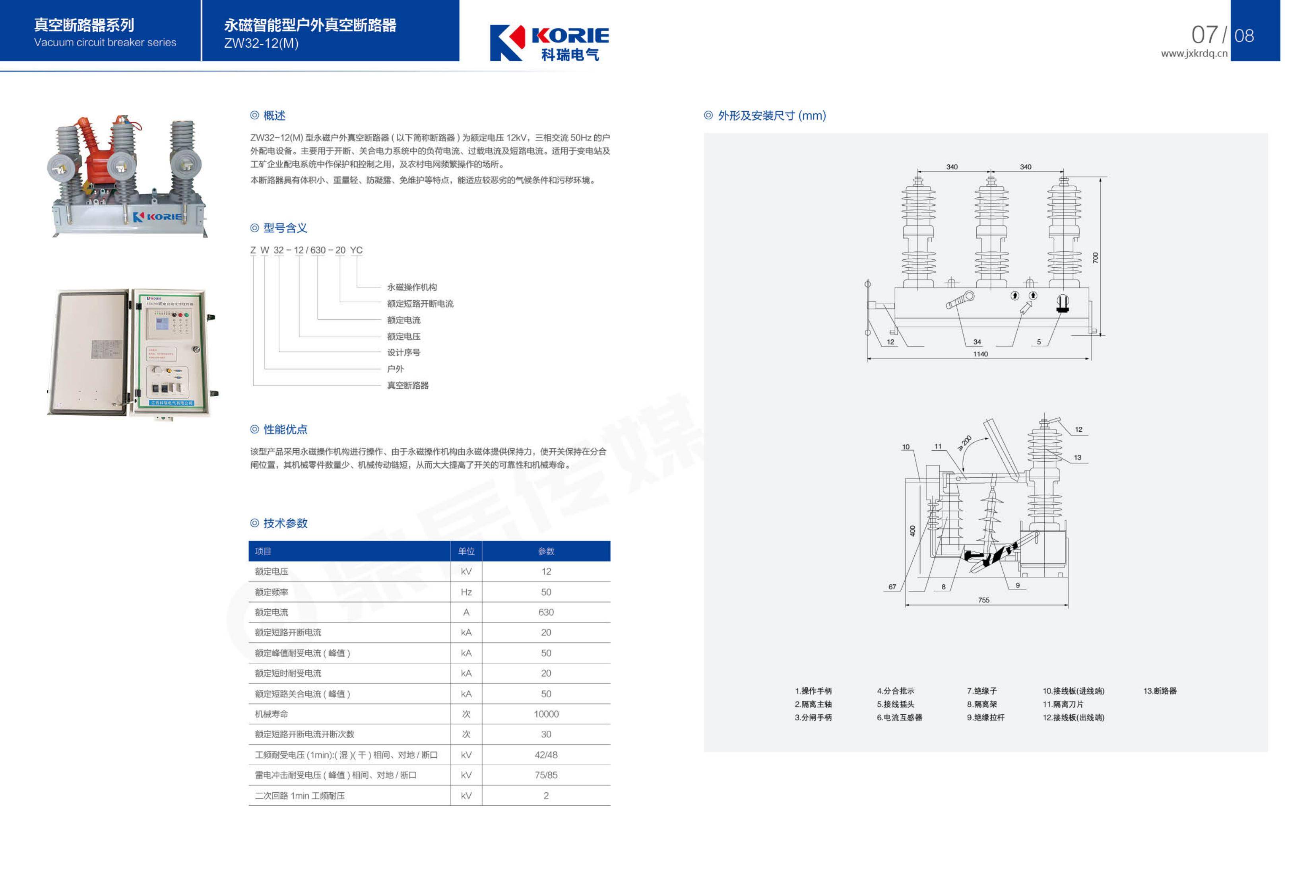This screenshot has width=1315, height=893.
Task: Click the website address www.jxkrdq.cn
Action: (x=1194, y=54)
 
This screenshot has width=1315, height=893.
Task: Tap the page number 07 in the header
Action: (x=1204, y=35)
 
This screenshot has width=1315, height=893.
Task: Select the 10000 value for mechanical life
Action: (x=546, y=714)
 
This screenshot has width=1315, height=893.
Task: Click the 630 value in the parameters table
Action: (x=546, y=612)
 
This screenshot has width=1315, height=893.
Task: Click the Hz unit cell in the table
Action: (x=466, y=592)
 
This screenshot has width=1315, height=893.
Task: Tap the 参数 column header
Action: (x=546, y=551)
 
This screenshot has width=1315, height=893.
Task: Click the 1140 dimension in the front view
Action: (x=981, y=354)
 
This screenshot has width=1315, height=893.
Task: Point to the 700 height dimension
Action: (x=1096, y=258)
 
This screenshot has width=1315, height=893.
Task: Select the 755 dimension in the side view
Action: (x=984, y=600)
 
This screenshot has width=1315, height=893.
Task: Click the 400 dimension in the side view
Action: (x=912, y=531)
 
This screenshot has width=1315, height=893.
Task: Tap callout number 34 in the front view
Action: (x=977, y=342)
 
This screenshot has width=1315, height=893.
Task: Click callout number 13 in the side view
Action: (x=1077, y=457)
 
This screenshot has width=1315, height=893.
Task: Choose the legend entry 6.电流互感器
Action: (x=900, y=718)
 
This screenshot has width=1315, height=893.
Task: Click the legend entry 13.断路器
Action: (x=1160, y=691)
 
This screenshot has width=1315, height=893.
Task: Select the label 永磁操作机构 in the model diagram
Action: (x=412, y=287)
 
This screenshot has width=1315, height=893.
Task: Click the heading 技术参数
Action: (x=285, y=523)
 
